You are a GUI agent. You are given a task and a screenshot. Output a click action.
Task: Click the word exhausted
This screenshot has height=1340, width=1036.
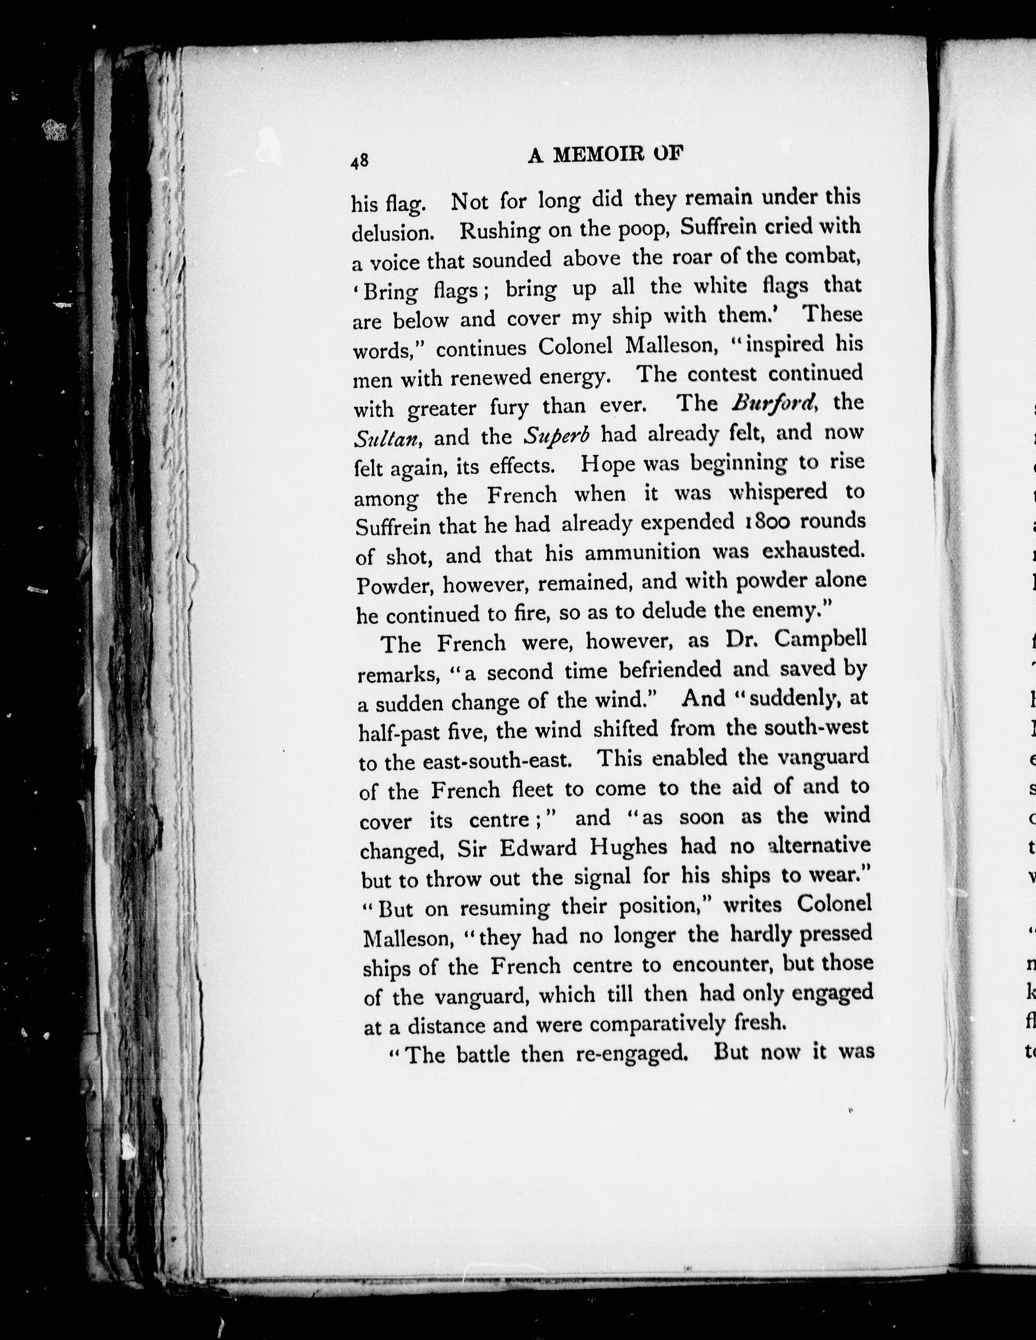point(813,550)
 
